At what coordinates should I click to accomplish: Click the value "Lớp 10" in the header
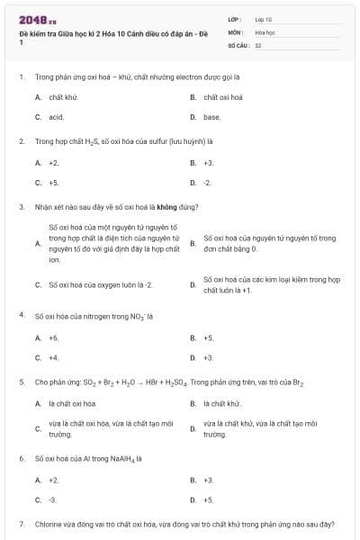click(x=264, y=19)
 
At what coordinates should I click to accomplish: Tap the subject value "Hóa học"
click(x=265, y=31)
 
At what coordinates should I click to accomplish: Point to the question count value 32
click(x=258, y=44)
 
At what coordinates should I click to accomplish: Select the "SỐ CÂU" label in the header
click(x=237, y=44)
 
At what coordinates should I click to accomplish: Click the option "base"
click(x=212, y=117)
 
